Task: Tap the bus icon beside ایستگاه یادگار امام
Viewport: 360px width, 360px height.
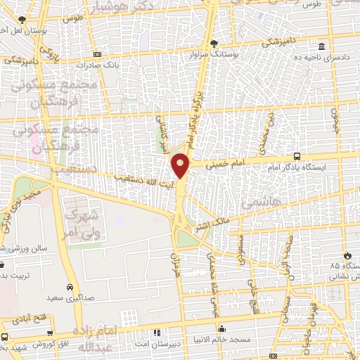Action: pos(297,156)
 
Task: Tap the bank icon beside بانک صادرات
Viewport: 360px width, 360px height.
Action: pos(97,53)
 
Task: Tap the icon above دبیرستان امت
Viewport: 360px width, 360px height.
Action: pos(156,332)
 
